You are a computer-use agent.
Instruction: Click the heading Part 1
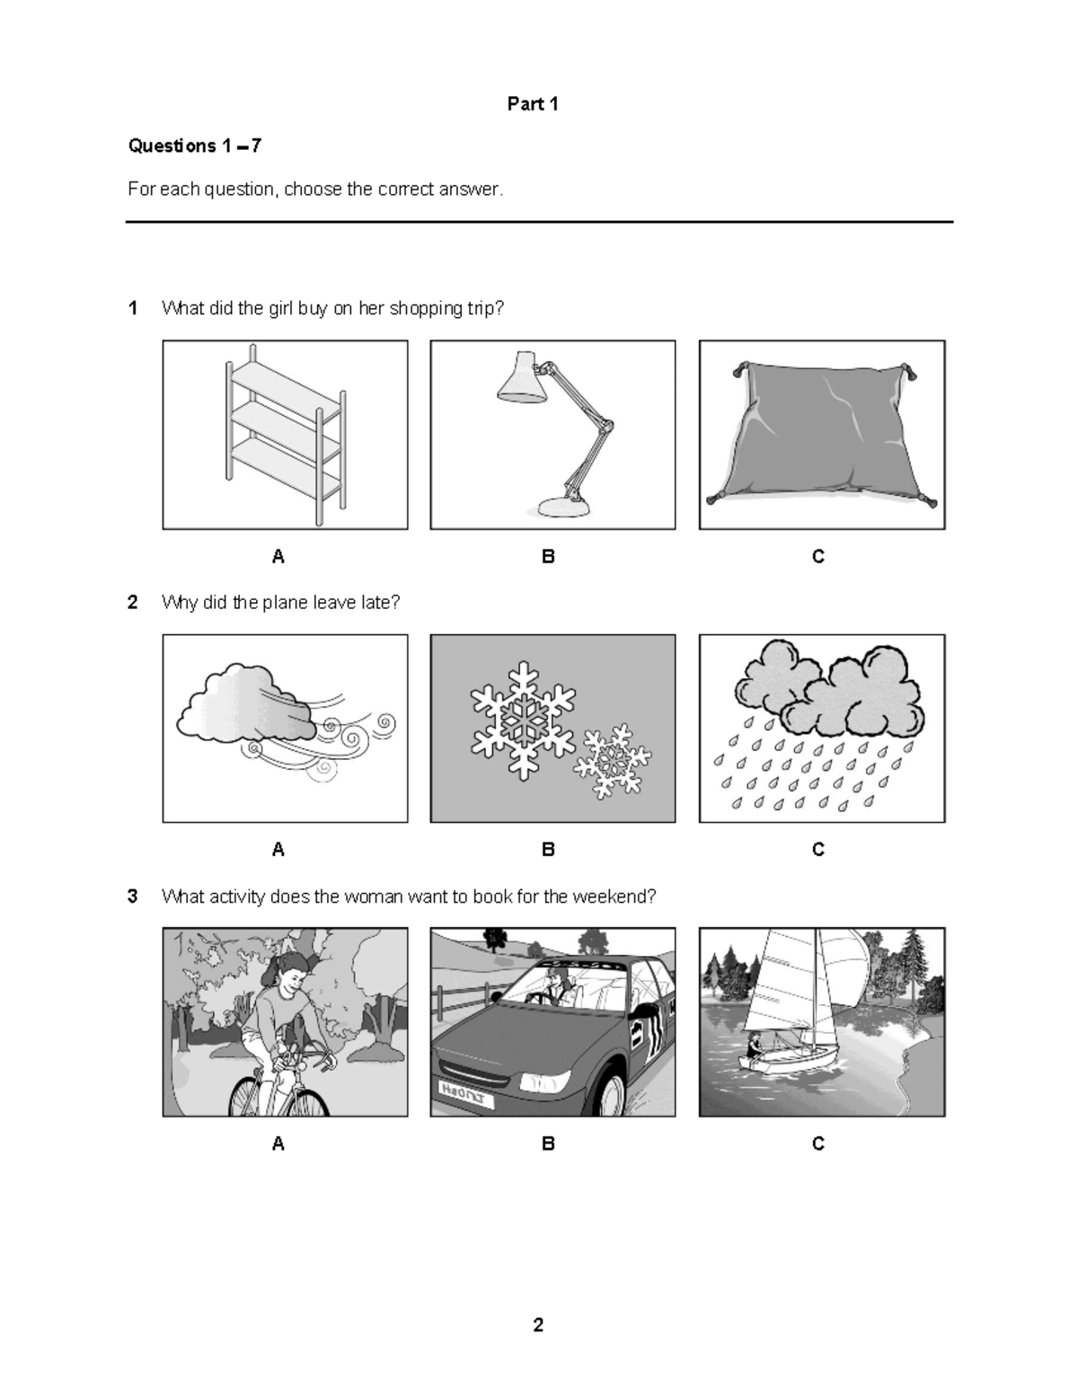pyautogui.click(x=533, y=104)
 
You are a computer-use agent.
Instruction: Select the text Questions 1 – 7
pyautogui.click(x=195, y=146)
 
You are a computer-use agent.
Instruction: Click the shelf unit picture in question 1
pyautogui.click(x=285, y=434)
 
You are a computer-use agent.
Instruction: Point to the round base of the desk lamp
pyautogui.click(x=564, y=508)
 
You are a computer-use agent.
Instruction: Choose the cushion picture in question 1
pyautogui.click(x=821, y=435)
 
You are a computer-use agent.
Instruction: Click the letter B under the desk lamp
pyautogui.click(x=548, y=557)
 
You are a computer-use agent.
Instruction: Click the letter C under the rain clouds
pyautogui.click(x=817, y=850)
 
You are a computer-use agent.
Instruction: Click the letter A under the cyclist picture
pyautogui.click(x=278, y=1143)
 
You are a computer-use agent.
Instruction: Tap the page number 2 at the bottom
pyautogui.click(x=538, y=1325)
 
